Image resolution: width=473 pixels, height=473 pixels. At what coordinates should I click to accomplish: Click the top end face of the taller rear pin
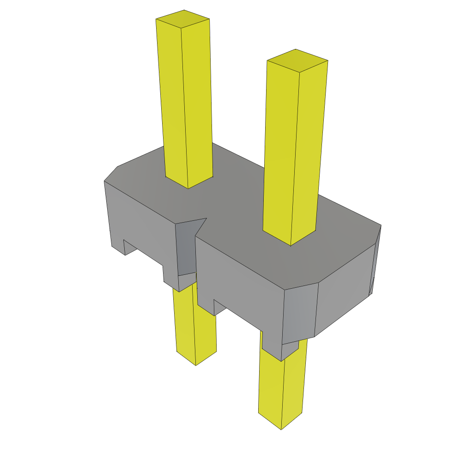pyautogui.click(x=183, y=19)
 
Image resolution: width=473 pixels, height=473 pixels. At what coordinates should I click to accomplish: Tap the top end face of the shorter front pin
pyautogui.click(x=297, y=61)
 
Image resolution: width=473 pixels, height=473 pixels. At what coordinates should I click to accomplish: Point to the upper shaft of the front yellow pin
pyautogui.click(x=291, y=148)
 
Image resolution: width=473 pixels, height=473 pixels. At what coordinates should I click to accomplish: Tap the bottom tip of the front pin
pyautogui.click(x=281, y=426)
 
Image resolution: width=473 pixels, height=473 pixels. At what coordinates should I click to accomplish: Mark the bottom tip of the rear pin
pyautogui.click(x=196, y=362)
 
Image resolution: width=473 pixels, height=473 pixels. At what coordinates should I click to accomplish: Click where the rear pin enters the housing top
pyautogui.click(x=188, y=182)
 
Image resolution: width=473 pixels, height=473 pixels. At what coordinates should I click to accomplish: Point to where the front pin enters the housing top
pyautogui.click(x=290, y=238)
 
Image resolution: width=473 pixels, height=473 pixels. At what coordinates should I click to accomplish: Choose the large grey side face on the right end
pyautogui.click(x=344, y=291)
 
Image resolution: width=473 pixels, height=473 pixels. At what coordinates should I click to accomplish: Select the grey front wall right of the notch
pyautogui.click(x=240, y=282)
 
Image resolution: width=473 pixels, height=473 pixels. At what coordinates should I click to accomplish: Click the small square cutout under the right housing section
pyautogui.click(x=220, y=309)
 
